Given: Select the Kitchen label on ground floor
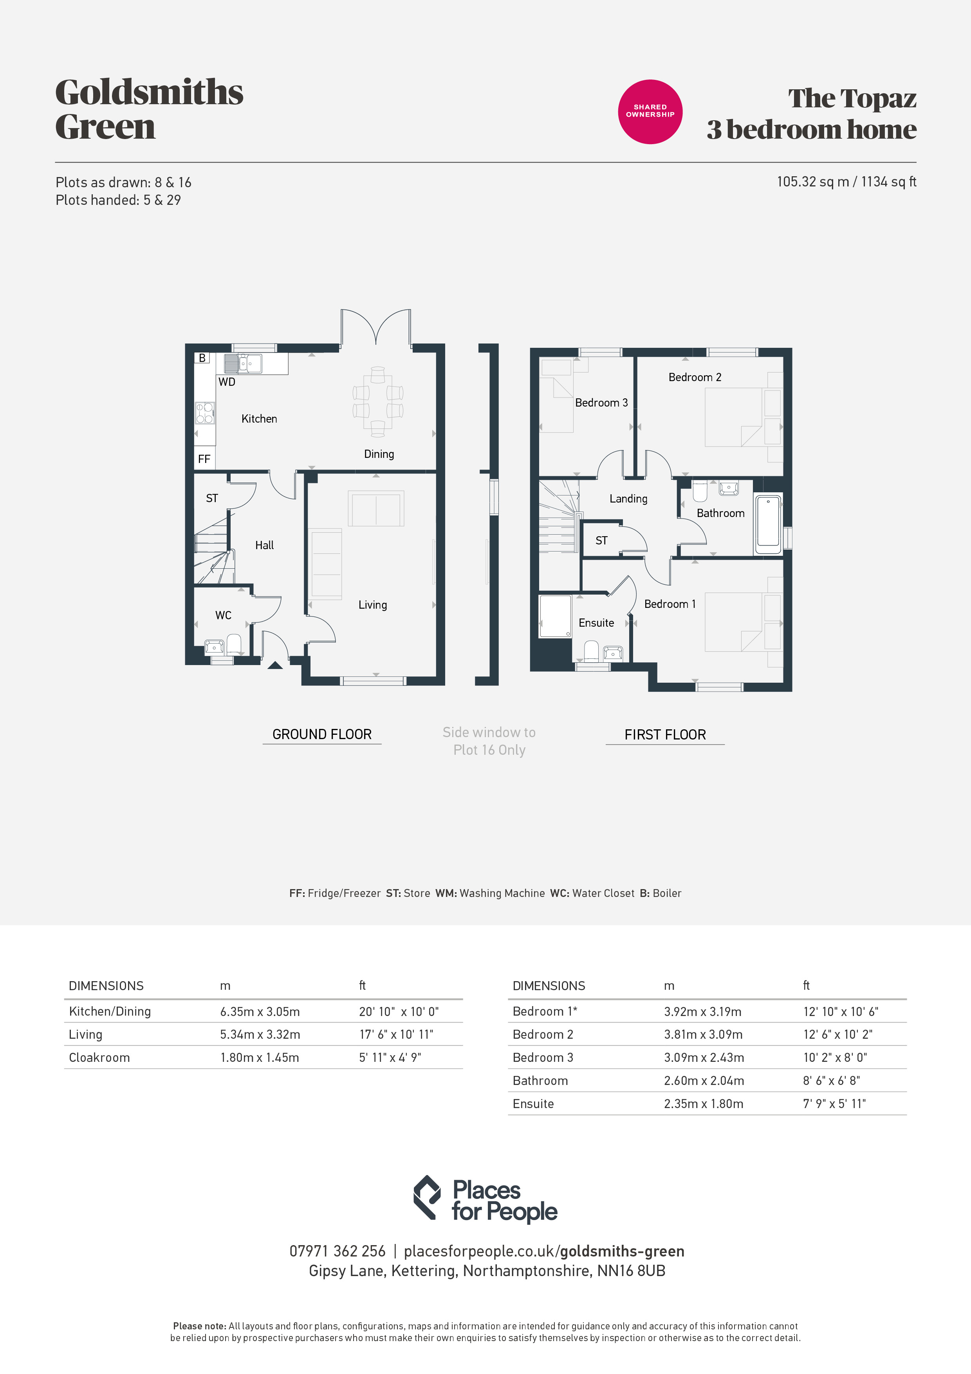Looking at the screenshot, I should pyautogui.click(x=259, y=419).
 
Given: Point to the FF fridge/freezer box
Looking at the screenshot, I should pyautogui.click(x=204, y=458).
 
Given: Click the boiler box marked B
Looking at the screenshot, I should pyautogui.click(x=202, y=358).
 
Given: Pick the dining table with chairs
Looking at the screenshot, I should pyautogui.click(x=377, y=401).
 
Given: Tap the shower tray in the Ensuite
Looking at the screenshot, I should pyautogui.click(x=555, y=616).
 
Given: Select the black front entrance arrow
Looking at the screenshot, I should pyautogui.click(x=274, y=665).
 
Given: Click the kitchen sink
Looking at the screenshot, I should pyautogui.click(x=243, y=363).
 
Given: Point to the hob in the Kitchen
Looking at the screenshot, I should pyautogui.click(x=205, y=413).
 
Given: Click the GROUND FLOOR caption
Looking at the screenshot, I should pyautogui.click(x=322, y=734).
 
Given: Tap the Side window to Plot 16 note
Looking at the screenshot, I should pyautogui.click(x=489, y=741).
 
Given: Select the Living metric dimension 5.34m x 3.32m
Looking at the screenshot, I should pyautogui.click(x=260, y=1034).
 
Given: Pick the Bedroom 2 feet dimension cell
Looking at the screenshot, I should pyautogui.click(x=837, y=1034).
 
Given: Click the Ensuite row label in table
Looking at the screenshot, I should pyautogui.click(x=532, y=1103).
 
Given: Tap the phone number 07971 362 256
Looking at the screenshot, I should pyautogui.click(x=338, y=1251).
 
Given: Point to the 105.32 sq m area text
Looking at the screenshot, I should pyautogui.click(x=812, y=182).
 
